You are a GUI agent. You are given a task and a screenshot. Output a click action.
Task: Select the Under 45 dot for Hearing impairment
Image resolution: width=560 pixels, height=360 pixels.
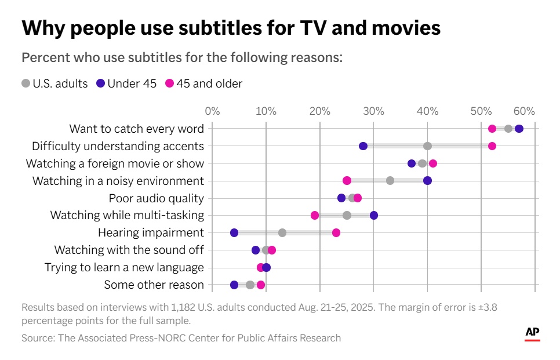234,233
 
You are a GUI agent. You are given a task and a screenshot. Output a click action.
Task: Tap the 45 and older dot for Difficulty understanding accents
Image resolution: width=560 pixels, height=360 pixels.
492,146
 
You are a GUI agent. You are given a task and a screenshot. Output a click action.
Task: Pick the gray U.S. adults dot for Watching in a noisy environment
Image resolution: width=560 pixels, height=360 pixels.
390,181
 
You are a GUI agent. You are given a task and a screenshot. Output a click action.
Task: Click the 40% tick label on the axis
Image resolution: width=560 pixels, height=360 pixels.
427,111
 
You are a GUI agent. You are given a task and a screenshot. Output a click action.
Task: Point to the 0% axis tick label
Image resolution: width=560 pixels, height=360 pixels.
212,111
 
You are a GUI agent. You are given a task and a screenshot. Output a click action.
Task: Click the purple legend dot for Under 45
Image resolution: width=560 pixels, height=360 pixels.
101,83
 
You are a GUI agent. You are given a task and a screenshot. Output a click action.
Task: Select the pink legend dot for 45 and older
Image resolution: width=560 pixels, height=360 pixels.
170,83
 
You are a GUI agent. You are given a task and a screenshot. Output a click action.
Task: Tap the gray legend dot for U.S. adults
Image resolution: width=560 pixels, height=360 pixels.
26,83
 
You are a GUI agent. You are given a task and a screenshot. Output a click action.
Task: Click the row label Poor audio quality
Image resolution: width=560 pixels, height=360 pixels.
157,198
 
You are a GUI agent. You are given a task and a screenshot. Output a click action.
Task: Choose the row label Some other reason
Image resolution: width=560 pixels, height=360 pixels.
154,285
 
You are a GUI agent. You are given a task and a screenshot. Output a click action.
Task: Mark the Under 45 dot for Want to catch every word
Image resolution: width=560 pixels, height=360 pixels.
519,129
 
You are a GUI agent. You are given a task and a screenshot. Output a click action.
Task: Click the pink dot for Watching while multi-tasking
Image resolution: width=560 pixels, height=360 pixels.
315,216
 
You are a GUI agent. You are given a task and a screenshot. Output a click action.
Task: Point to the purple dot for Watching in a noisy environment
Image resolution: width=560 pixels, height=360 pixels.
427,181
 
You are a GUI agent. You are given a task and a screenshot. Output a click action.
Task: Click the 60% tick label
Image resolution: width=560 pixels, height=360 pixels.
523,111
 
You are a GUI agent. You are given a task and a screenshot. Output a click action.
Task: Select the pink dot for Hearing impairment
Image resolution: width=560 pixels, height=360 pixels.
336,233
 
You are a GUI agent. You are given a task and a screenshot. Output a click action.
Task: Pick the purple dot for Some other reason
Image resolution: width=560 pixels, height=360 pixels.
234,285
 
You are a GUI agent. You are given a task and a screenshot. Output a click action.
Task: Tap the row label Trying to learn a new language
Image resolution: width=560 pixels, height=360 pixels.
124,267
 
